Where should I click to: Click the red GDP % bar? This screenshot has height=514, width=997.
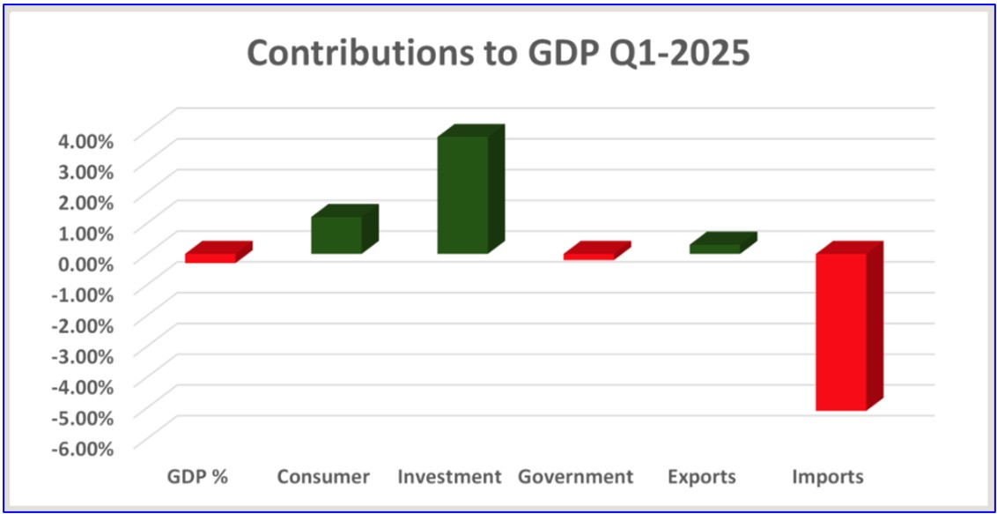[210, 257]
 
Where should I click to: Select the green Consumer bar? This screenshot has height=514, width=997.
[336, 235]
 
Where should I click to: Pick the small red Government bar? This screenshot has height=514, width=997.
[589, 256]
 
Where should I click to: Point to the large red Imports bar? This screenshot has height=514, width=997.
[841, 331]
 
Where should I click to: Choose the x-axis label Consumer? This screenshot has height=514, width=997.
[323, 477]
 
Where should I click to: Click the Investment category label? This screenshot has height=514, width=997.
[449, 477]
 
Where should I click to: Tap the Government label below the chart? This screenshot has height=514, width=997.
[575, 477]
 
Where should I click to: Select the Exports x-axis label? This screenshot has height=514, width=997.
[701, 477]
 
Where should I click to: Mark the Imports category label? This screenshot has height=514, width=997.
[828, 477]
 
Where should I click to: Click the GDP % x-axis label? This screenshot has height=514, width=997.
[197, 477]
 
